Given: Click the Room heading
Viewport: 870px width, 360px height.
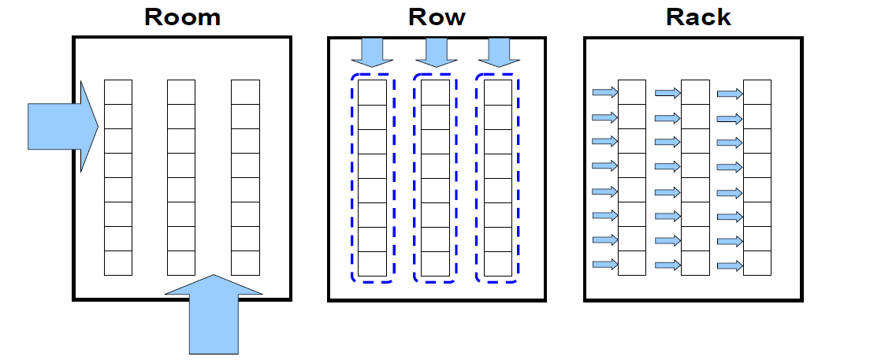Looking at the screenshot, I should [x=182, y=17].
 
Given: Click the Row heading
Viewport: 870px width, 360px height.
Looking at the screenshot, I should [x=437, y=17].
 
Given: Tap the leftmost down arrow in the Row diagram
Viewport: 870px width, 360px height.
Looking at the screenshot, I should [x=366, y=52].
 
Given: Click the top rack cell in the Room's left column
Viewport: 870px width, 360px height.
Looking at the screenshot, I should [x=118, y=92].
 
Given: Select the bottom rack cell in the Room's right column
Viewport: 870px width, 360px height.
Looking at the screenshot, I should [x=245, y=263].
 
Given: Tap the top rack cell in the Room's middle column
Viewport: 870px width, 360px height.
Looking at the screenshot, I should [x=181, y=92].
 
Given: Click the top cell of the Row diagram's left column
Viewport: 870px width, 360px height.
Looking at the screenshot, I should [x=373, y=92].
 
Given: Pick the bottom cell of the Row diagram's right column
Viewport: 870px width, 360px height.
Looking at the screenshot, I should [x=497, y=264].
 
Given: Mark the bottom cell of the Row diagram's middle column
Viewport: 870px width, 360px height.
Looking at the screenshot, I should [x=436, y=264].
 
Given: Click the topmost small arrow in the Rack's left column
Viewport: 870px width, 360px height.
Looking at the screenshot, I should [x=604, y=93].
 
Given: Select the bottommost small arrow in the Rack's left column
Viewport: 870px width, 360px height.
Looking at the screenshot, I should [x=604, y=265].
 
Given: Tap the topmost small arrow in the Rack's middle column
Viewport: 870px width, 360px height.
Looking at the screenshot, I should [x=667, y=93].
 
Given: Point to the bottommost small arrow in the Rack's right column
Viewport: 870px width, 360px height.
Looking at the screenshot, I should [x=730, y=265].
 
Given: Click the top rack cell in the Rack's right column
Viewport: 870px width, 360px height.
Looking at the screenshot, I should [x=757, y=92].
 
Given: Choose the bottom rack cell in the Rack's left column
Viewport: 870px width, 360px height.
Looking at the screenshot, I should [x=632, y=263].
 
